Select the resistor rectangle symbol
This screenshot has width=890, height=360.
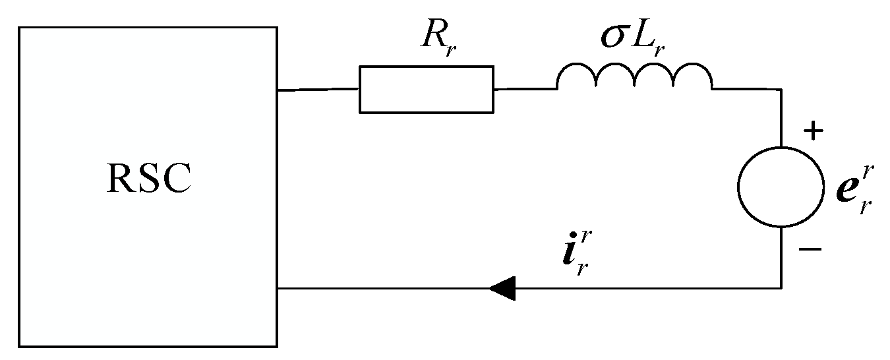(426, 89)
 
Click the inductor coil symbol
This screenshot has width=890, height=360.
(634, 78)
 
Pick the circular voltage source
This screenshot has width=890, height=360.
(781, 187)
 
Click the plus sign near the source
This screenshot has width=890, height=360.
(814, 132)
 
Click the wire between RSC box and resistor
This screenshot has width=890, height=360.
(318, 89)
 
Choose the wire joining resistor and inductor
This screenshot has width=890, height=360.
(525, 88)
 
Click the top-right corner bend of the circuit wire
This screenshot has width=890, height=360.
(781, 89)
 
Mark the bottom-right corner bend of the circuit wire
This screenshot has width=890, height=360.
(781, 288)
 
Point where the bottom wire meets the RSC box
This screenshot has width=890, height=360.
(278, 288)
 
